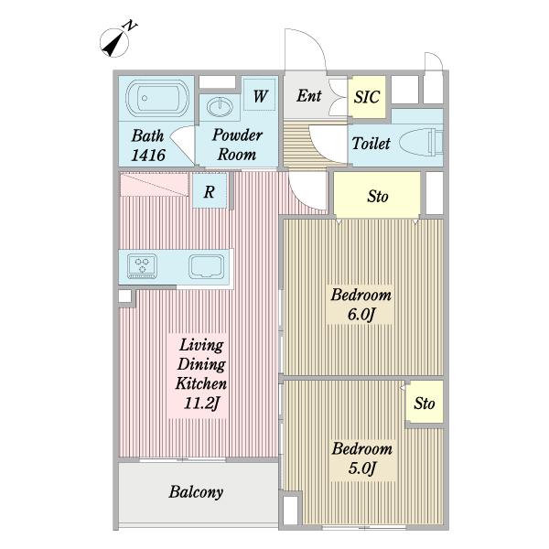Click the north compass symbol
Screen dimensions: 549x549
click(115, 42)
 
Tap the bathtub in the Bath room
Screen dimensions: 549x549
click(157, 98)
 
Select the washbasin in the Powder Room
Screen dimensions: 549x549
click(220, 106)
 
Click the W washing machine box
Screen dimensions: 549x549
click(260, 95)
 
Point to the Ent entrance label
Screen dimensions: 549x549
click(309, 95)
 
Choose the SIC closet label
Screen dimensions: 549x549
click(367, 97)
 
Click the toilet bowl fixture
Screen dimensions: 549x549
click(421, 143)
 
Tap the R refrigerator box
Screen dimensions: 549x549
click(210, 191)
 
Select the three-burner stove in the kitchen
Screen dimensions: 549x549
click(142, 266)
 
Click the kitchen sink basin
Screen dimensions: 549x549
click(207, 267)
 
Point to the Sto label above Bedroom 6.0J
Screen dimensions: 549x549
click(377, 197)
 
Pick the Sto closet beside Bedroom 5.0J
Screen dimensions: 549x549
click(425, 402)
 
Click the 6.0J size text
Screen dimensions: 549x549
click(361, 314)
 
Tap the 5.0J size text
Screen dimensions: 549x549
click(362, 468)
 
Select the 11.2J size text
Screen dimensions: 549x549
click(201, 404)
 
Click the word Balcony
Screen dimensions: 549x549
click(196, 492)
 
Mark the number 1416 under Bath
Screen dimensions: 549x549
click(148, 156)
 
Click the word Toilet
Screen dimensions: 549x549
click(371, 144)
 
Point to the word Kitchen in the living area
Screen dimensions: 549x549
click(201, 383)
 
